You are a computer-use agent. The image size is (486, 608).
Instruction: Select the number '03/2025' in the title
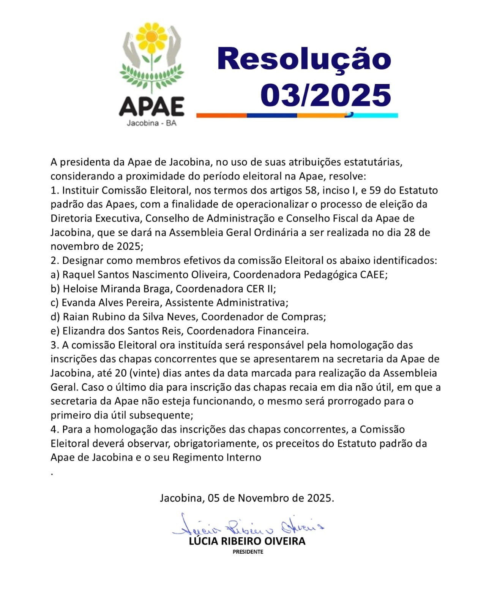[326, 95]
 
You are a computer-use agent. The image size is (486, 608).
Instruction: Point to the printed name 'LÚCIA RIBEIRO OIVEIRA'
[247, 541]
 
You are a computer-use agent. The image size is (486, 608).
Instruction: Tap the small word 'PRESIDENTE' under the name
[248, 552]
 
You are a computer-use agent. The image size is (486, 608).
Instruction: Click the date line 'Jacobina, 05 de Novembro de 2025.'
[247, 498]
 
